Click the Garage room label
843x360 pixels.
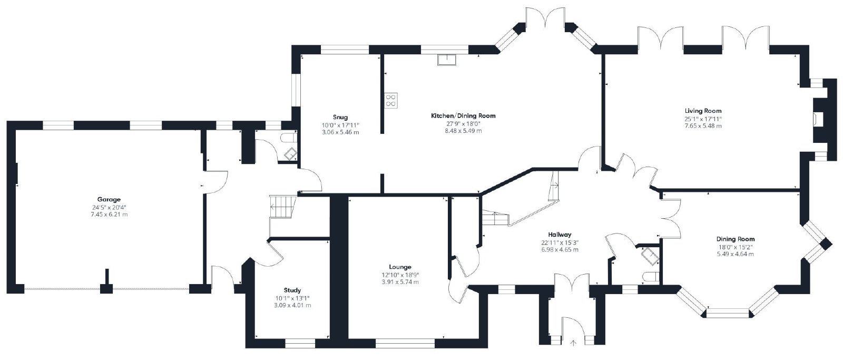pos(109,200)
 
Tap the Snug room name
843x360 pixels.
pos(340,117)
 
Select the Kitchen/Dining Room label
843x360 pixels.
pos(463,115)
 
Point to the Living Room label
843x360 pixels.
pos(703,111)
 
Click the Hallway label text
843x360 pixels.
pos(560,235)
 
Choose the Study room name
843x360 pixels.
pos(292,290)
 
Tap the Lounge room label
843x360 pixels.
pos(400,267)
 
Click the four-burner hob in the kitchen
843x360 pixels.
pos(390,100)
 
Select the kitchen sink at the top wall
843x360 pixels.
pos(447,60)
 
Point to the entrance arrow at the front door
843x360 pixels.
pos(574,343)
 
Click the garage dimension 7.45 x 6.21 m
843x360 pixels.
pos(109,215)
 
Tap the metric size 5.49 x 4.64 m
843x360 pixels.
pos(735,254)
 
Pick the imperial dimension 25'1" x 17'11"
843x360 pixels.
pos(703,119)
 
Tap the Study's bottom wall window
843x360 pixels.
pos(300,344)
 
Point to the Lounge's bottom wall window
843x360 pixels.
pos(405,344)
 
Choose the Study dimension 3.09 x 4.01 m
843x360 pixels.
pos(292,305)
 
